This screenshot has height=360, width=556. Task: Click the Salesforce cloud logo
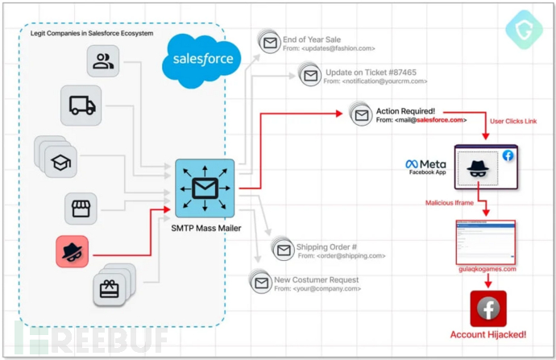coord(201,59)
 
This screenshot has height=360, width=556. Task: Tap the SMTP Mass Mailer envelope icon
coord(205,188)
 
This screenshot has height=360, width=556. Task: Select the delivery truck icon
coord(82,105)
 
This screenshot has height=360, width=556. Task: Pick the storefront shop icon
coord(81,209)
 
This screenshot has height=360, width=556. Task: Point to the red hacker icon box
coord(73,250)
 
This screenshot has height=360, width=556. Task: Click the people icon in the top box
coord(103,61)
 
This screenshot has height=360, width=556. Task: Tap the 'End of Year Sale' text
coord(312,39)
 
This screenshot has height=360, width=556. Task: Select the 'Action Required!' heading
coord(405,110)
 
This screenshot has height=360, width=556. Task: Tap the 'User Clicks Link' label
coord(512,121)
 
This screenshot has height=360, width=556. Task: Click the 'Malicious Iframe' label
coord(450,203)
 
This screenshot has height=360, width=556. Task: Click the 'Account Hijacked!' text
coord(488,333)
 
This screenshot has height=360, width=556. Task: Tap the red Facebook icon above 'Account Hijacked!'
coord(488,308)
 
